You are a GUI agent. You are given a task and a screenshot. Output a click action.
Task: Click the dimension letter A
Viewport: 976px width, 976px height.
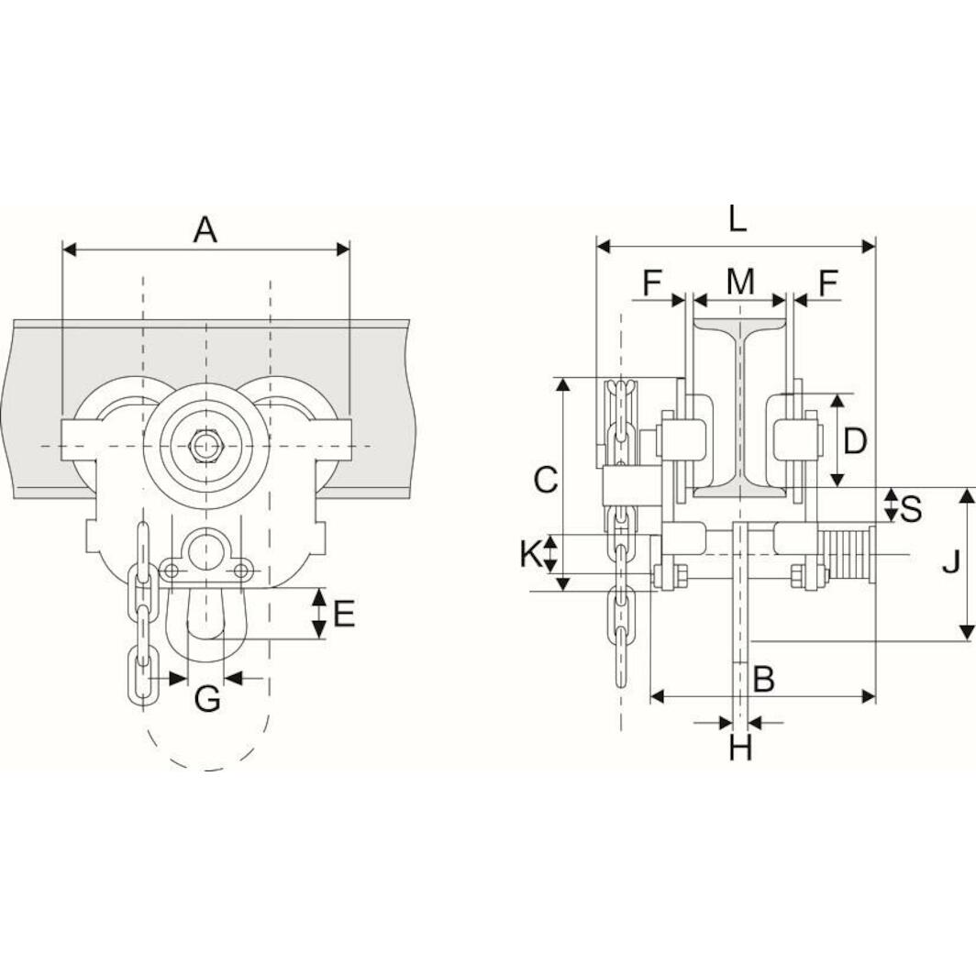(x=205, y=229)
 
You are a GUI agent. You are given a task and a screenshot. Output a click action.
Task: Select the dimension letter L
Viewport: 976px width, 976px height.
(x=738, y=219)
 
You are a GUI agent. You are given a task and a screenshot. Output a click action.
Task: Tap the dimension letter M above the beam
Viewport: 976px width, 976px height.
(x=740, y=283)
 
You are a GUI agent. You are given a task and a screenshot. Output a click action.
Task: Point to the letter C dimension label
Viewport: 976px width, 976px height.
(x=546, y=479)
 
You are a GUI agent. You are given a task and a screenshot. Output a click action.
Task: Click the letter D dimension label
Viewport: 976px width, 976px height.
(x=855, y=441)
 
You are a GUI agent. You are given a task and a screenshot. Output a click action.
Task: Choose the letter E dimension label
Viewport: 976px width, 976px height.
(x=344, y=614)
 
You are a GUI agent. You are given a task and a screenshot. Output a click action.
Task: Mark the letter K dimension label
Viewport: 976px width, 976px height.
(x=529, y=553)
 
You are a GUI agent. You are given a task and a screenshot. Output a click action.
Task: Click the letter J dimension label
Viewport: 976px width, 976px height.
(x=951, y=561)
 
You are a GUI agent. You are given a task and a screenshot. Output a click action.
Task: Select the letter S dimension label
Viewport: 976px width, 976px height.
(x=911, y=507)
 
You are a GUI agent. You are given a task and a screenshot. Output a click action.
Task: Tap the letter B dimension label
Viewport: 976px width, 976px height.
(x=764, y=680)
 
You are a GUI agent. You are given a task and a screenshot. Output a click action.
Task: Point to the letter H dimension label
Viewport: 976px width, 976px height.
(x=740, y=749)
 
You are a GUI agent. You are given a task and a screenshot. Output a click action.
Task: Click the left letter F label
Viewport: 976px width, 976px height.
(x=651, y=283)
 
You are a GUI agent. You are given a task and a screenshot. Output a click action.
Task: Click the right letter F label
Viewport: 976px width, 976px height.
(x=828, y=283)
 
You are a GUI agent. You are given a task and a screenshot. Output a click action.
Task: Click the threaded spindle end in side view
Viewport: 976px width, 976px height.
(x=848, y=553)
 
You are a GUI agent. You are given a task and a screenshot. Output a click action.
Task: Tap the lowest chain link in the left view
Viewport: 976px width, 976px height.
(x=141, y=676)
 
